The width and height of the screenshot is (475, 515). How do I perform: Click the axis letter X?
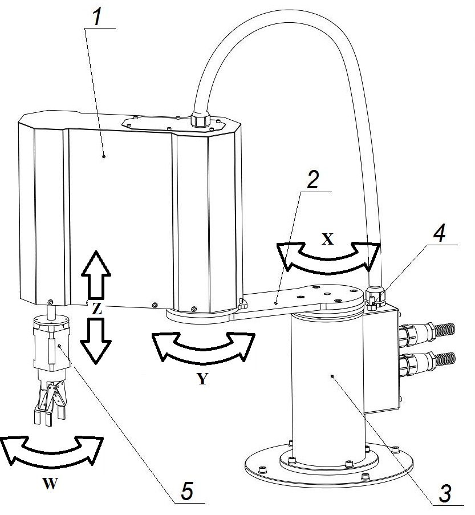(327, 239)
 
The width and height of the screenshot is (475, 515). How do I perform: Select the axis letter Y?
(202, 379)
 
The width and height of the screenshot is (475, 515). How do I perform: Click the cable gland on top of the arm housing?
(201, 119)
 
